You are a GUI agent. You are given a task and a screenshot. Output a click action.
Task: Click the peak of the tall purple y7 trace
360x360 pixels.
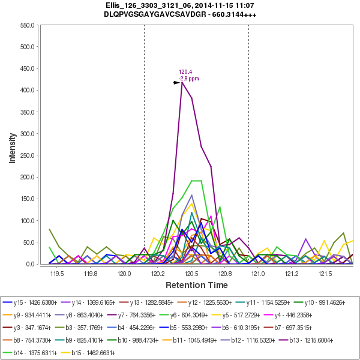point(182,82)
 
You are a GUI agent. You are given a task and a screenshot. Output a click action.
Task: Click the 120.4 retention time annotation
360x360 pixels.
point(185,72)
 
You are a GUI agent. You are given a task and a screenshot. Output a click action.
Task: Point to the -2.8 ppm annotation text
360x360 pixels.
point(189,79)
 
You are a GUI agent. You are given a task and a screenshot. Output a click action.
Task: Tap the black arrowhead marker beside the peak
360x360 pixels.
point(177,83)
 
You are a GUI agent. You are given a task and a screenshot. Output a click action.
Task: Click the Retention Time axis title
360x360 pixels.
point(197,284)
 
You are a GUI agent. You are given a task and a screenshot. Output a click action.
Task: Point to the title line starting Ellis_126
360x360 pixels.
point(180,5)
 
